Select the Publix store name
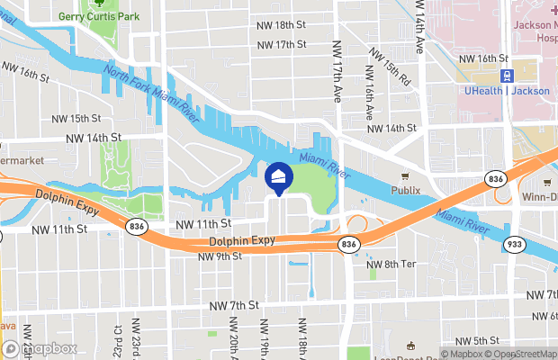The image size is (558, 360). pos(406,191)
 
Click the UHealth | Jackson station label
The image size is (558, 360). pos(508,91)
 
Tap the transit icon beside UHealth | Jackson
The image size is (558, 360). pos(508,75)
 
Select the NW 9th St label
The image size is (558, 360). pos(220,256)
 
